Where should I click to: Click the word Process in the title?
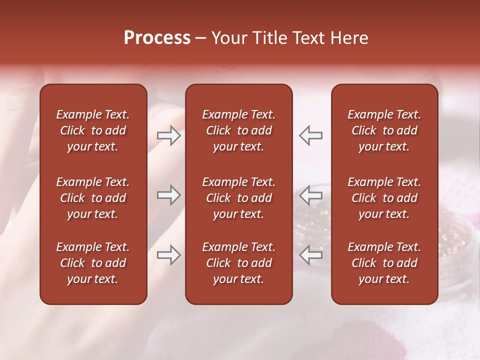coord(157,38)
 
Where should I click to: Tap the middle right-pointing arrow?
coord(169,195)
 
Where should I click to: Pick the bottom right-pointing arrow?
coord(169,255)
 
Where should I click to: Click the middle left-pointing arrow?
coord(310,195)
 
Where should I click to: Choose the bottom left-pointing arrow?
coord(310,255)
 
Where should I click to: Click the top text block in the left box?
coord(93,130)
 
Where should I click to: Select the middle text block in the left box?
coord(93,198)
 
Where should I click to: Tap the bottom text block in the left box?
coord(93,263)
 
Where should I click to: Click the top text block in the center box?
coord(238,130)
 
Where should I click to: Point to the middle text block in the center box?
coord(238,198)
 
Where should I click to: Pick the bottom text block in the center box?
coord(238,263)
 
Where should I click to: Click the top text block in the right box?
coord(384,130)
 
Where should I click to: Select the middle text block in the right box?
coord(384,198)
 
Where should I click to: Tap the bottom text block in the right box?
coord(384,263)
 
